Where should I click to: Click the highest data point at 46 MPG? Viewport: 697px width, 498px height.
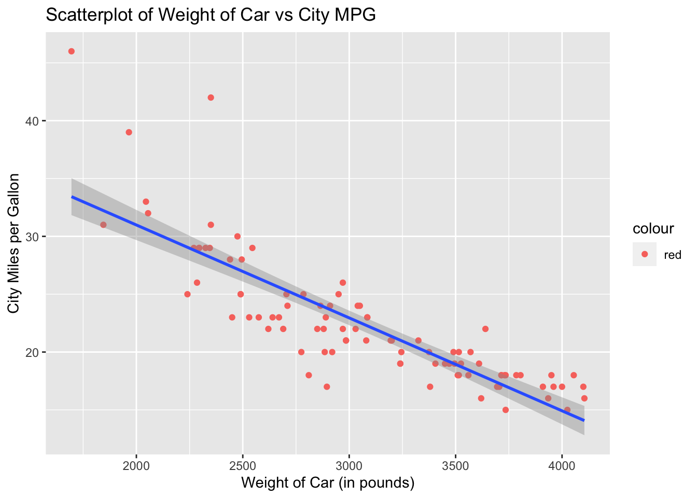72,51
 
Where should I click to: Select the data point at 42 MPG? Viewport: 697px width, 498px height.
211,98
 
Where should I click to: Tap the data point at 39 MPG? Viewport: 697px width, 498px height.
129,132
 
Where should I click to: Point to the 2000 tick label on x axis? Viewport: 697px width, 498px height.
136,465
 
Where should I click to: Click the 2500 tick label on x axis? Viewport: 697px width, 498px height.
243,465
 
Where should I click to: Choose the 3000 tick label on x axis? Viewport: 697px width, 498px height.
350,465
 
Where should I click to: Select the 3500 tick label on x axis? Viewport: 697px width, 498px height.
456,465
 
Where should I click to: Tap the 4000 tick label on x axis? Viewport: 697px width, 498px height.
562,465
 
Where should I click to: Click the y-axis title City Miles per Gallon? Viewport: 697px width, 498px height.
14,243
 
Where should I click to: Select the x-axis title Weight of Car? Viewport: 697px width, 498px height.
328,483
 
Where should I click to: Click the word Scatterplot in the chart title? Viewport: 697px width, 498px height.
91,16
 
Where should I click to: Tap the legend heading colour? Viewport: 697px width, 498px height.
653,228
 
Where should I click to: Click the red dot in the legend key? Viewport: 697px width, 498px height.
645,254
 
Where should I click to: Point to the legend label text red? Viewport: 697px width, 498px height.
673,255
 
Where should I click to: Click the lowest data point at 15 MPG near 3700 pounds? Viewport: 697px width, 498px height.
506,410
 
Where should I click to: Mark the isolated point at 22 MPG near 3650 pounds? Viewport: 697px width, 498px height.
485,329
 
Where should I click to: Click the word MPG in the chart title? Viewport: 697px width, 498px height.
358,16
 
